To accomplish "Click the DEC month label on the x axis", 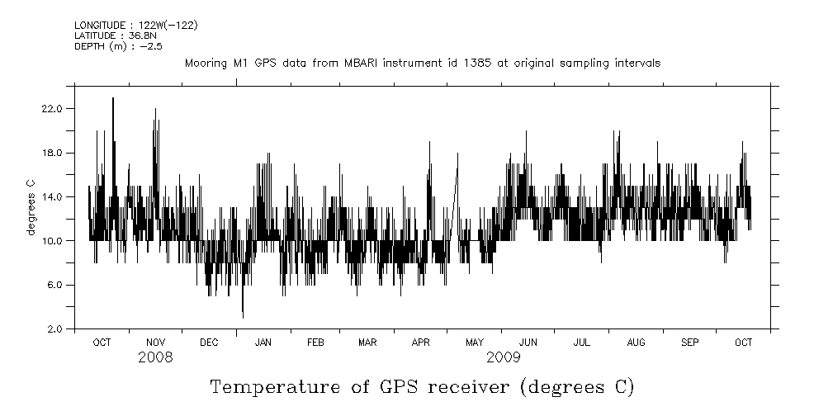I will point(209,343).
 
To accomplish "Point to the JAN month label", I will point(263,343).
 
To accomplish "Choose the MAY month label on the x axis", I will point(475,343).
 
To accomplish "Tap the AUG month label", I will point(636,343).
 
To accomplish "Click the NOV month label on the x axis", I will point(156,343).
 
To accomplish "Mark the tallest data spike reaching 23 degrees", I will point(113,99).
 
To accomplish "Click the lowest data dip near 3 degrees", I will point(243,316).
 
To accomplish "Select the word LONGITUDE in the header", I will point(99,26).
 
